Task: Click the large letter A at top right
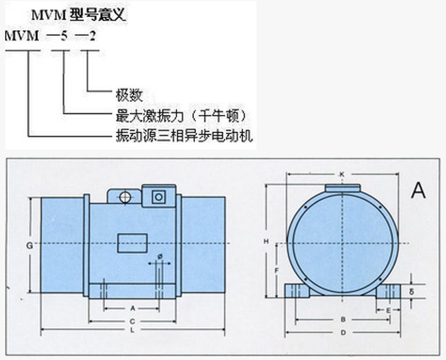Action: [418, 191]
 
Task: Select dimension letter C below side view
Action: [132, 321]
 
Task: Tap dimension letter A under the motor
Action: [132, 308]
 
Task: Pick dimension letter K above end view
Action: [342, 174]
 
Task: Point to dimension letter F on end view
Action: [277, 270]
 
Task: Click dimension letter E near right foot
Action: [388, 309]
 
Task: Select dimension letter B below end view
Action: [343, 320]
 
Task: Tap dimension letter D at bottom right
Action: [343, 333]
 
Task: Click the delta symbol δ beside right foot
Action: [411, 291]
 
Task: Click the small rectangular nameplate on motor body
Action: [132, 243]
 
